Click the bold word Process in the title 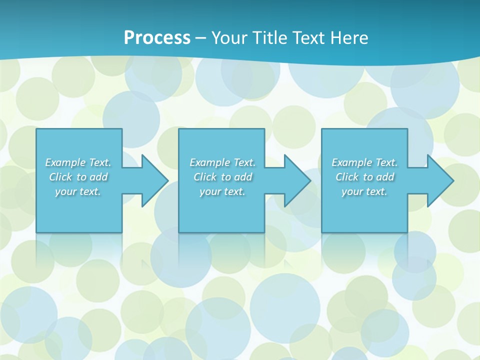coord(157,38)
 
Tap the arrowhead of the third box coord(439,180)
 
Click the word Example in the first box coord(65,162)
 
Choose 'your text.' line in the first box coord(78,191)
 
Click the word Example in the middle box coord(210,162)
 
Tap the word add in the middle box coord(243,177)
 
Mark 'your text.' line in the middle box coord(222,191)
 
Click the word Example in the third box coord(352,162)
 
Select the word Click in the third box coord(347,177)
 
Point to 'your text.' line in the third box coord(364,191)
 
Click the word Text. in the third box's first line coord(386,162)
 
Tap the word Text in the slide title coord(309,38)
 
